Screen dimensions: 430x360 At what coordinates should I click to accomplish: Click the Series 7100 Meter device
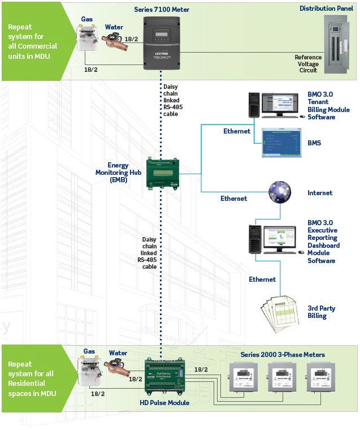click(162, 42)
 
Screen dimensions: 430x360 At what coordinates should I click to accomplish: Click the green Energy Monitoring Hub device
click(163, 173)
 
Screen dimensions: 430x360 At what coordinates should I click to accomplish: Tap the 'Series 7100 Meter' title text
click(162, 10)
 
